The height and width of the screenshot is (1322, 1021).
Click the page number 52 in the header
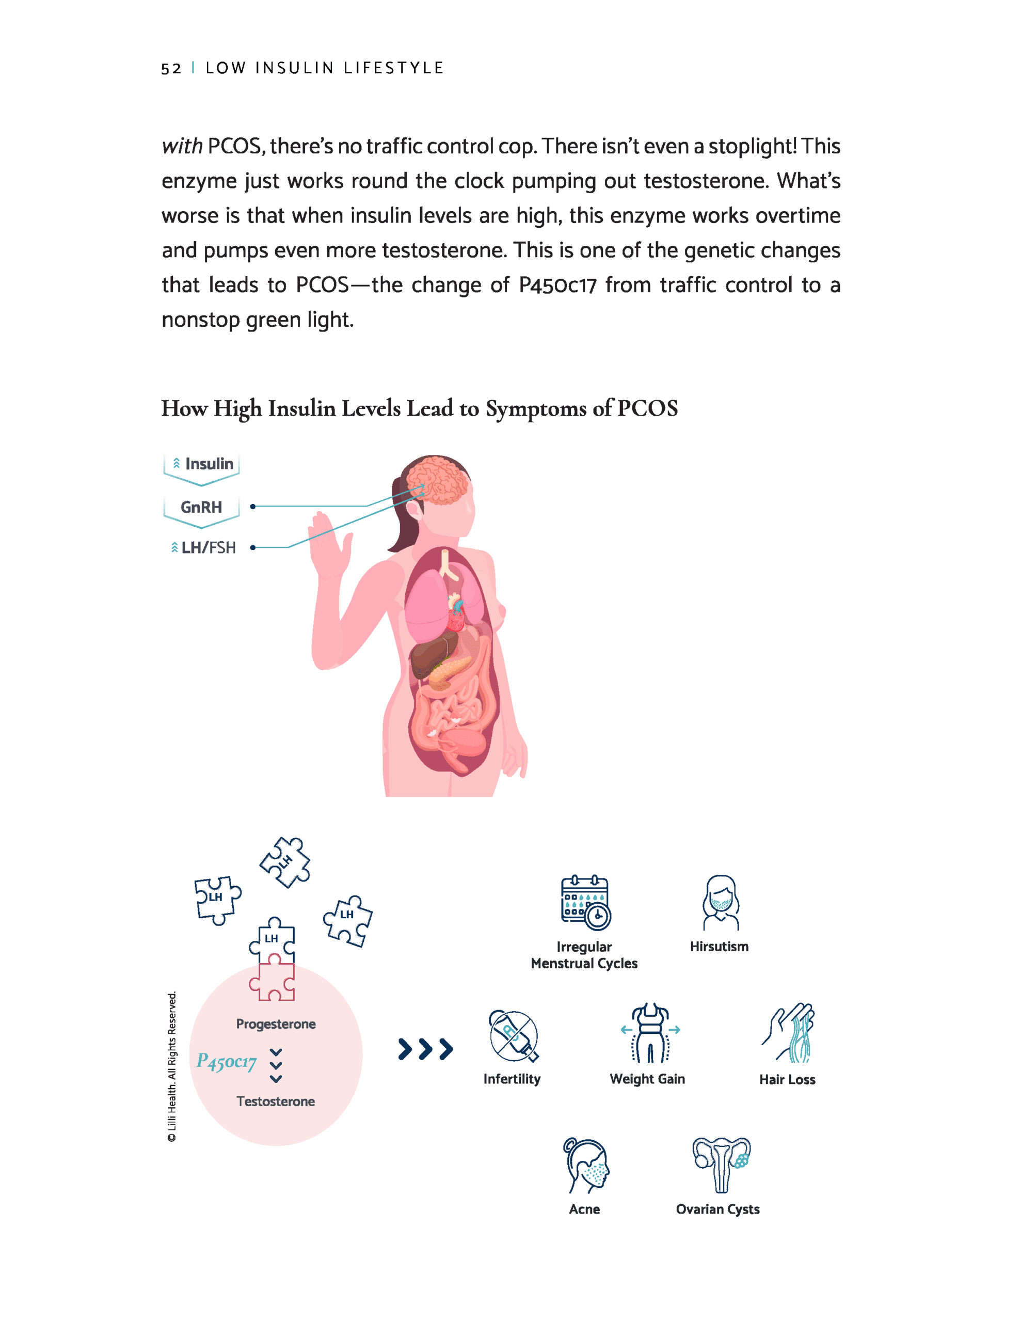pos(171,68)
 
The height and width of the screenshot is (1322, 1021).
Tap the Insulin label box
pos(202,464)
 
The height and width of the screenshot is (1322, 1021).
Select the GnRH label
pos(201,507)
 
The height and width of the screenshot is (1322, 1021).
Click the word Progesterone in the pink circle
pos(275,1024)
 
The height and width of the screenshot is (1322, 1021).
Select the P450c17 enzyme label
pos(227,1061)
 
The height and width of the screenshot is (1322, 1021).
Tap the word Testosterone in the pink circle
pos(275,1101)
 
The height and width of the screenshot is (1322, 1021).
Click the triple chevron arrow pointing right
pos(425,1049)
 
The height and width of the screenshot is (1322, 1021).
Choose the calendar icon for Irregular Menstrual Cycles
pos(585,903)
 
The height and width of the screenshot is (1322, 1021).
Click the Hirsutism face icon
pos(720,903)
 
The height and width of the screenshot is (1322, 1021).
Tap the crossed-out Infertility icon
pos(513,1036)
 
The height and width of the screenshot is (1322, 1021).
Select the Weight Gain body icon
pos(650,1034)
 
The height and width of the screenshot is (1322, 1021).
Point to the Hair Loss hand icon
pos(790,1034)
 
